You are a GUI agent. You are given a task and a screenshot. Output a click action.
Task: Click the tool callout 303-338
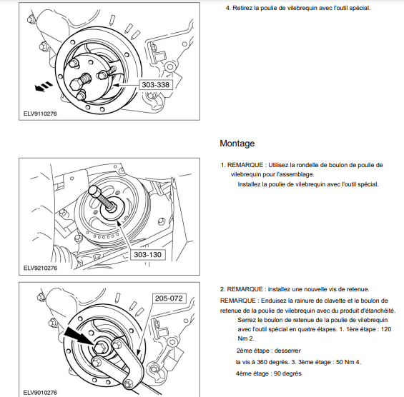tap(156, 85)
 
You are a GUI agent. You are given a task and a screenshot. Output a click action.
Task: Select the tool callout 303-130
tap(147, 255)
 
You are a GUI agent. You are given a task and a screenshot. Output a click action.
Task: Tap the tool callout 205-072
tap(169, 298)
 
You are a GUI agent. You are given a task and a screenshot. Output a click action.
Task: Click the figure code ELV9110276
tap(40, 114)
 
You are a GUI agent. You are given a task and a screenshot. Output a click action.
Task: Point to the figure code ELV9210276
tap(40, 268)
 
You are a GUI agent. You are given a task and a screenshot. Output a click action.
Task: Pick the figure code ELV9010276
tap(40, 393)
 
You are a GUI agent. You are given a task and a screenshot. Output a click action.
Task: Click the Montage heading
tap(237, 144)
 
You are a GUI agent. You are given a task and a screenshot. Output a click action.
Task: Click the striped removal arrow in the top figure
tap(44, 86)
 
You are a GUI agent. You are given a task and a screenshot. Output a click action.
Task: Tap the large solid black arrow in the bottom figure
tap(79, 336)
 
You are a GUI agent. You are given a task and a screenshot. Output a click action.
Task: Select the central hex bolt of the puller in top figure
tap(77, 84)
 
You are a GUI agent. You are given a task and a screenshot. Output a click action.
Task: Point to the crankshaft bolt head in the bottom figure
tap(99, 348)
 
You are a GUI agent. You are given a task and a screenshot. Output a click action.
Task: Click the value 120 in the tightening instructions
tap(386, 329)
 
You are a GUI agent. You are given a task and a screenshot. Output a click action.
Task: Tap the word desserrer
tap(287, 351)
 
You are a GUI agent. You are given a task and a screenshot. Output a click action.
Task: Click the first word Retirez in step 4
tap(242, 8)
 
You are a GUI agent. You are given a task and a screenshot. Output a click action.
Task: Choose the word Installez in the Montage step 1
tap(249, 184)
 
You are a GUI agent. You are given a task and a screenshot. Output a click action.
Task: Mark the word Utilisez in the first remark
tap(278, 165)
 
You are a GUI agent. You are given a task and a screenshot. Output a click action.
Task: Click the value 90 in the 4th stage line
tap(277, 373)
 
